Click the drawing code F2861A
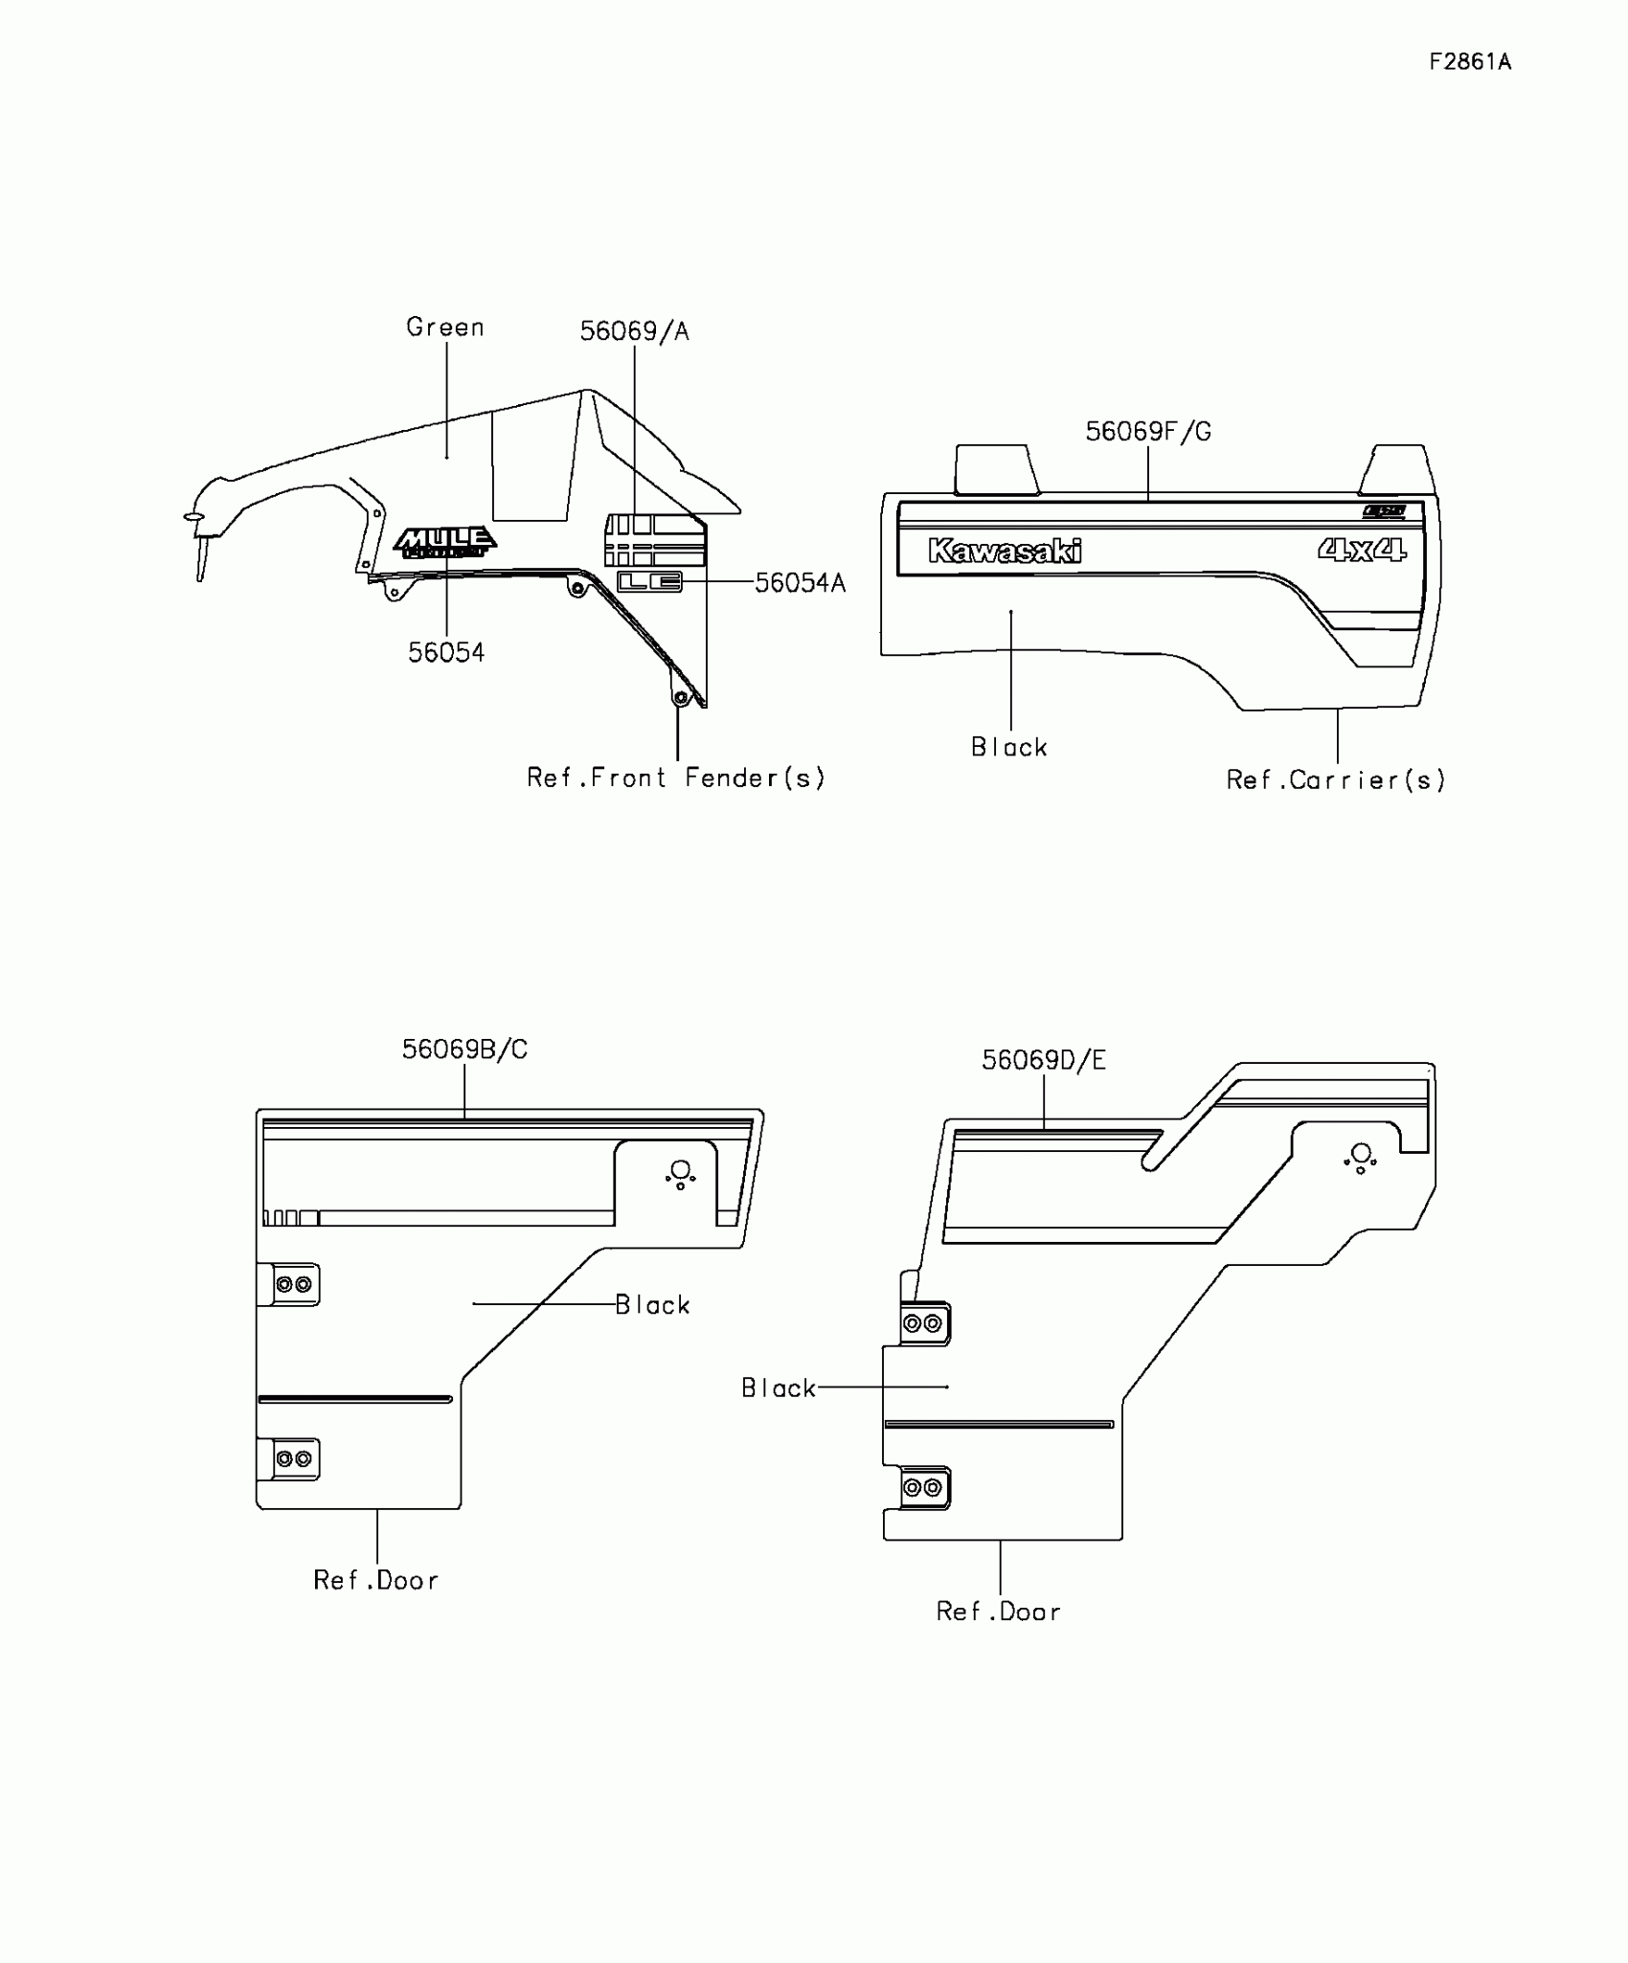tap(1470, 62)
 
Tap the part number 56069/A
tap(634, 331)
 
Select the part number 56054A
tap(800, 583)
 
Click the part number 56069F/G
tap(1147, 432)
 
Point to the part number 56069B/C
tap(464, 1049)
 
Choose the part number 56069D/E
tap(1043, 1060)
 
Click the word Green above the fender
tap(445, 327)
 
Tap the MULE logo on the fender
tap(445, 542)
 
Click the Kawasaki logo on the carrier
tap(1005, 551)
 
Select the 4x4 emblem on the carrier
tap(1362, 550)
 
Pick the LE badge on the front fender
tap(649, 581)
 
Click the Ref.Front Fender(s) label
tap(675, 778)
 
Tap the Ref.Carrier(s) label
tap(1336, 780)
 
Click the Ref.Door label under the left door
tap(376, 1580)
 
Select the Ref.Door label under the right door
tap(999, 1612)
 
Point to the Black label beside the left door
tap(652, 1305)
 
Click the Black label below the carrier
tap(1009, 747)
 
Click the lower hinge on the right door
tap(923, 1487)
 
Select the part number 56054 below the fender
tap(446, 653)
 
